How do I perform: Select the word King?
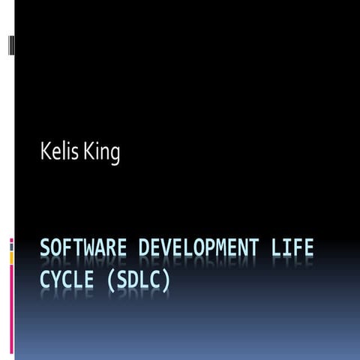(103, 154)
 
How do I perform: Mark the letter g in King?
(114, 156)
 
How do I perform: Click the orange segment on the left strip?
(11, 257)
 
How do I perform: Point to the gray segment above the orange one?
(11, 246)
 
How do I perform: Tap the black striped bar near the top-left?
(10, 45)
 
